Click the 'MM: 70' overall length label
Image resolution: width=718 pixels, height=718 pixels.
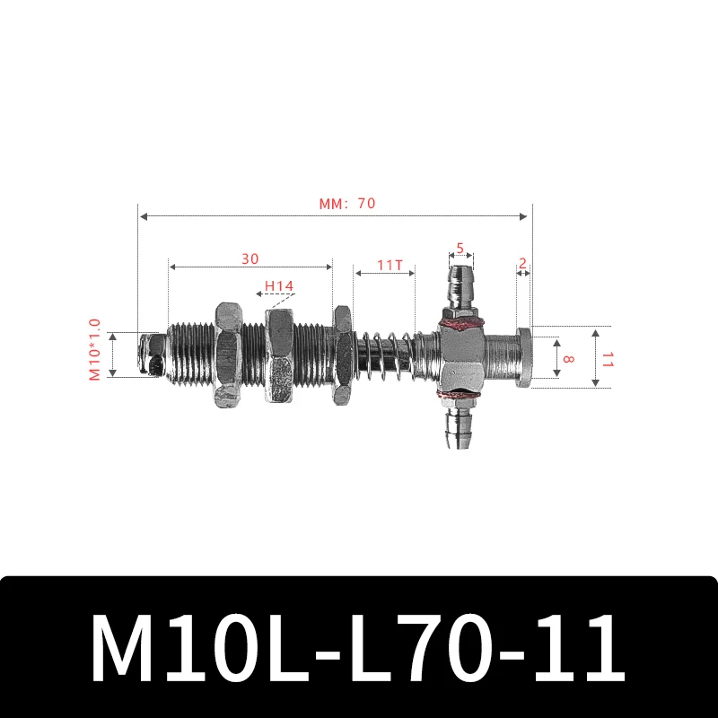point(346,204)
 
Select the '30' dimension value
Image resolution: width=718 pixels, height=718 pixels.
point(250,258)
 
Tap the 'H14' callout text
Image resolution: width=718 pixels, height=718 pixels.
point(278,287)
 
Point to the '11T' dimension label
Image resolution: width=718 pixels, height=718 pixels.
point(390,265)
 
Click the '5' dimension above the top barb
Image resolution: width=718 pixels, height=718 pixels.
point(460,248)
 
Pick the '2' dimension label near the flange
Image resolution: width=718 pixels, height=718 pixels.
point(522,264)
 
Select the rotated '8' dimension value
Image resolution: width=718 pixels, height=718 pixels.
point(567,356)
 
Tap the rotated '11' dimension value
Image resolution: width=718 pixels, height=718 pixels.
point(607,358)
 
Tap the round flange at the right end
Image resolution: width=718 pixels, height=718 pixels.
point(524,355)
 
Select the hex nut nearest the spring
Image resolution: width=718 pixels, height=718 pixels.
point(342,355)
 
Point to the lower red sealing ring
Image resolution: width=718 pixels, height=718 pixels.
point(459,394)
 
